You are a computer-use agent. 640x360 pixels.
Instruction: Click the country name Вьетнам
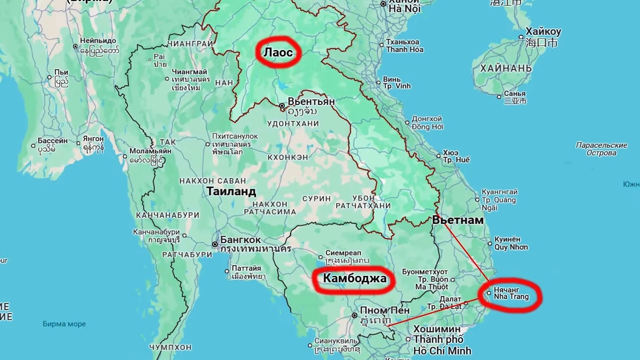click(458, 220)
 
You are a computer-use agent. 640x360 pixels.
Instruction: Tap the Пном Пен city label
click(385, 310)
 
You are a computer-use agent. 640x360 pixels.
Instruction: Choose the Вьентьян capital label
click(311, 101)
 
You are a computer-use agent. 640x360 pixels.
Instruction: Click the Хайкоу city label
click(543, 31)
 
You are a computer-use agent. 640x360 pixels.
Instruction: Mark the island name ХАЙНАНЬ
click(506, 68)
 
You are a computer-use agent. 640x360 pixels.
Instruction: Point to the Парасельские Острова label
click(602, 149)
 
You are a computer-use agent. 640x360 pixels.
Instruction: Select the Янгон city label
click(93, 140)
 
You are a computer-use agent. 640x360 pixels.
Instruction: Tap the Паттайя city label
click(246, 268)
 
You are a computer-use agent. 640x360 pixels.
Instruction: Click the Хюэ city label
click(451, 152)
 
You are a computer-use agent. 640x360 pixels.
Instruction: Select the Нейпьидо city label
click(98, 41)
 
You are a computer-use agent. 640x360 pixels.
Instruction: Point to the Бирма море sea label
click(63, 323)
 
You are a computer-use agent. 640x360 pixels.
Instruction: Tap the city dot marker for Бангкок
click(215, 245)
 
